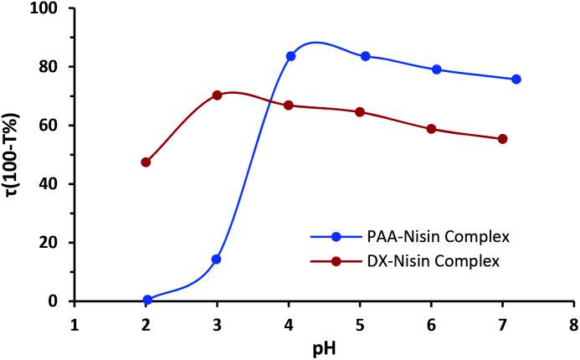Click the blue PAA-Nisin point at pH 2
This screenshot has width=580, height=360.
click(147, 299)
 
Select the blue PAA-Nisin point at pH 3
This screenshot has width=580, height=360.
click(217, 260)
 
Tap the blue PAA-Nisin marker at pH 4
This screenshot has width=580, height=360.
click(290, 56)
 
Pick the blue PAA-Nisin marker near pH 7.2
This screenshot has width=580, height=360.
click(516, 79)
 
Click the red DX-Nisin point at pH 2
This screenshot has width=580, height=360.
click(146, 162)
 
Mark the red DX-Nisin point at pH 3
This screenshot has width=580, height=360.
click(217, 95)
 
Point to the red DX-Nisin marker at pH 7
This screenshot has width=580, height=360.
click(502, 139)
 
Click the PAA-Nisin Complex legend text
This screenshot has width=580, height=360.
click(437, 237)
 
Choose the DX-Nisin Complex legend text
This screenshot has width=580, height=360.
click(434, 261)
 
